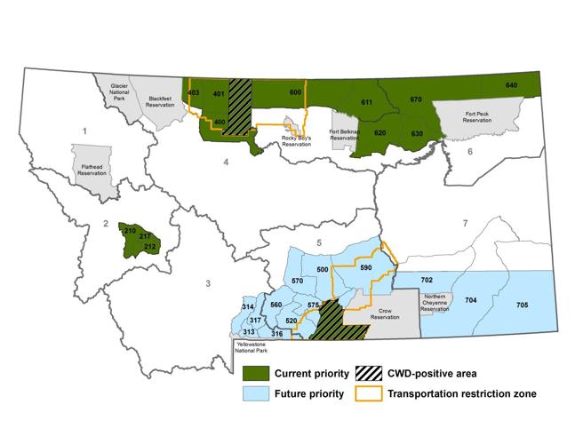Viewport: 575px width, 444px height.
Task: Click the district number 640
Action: (x=511, y=85)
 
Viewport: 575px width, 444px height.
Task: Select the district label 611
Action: (x=365, y=103)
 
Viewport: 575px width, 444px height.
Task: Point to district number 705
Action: (x=521, y=305)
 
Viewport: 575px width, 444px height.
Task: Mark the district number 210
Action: (x=130, y=232)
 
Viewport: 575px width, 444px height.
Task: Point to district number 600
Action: (x=296, y=92)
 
